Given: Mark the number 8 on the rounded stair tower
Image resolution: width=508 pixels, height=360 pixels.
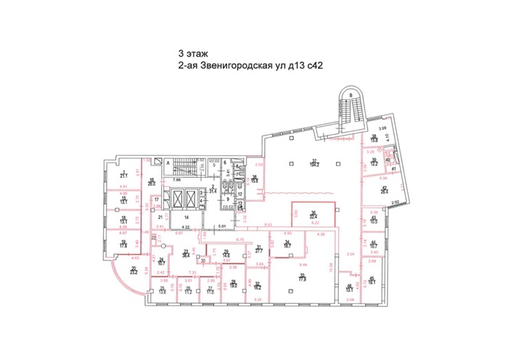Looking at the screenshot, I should coord(351,95).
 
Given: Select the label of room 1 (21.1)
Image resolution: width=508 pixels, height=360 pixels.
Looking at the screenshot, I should coord(124,174).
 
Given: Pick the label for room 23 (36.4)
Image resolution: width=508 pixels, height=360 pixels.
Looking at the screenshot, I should coord(185,253).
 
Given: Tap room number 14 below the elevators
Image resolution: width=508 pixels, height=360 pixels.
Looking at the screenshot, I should coord(186,217).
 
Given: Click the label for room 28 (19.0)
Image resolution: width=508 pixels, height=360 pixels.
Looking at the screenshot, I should coord(234,285).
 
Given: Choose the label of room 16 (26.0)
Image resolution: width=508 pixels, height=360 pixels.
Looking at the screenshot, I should coord(152,182).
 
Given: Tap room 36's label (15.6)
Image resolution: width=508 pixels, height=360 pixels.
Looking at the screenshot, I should coord(255,179).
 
